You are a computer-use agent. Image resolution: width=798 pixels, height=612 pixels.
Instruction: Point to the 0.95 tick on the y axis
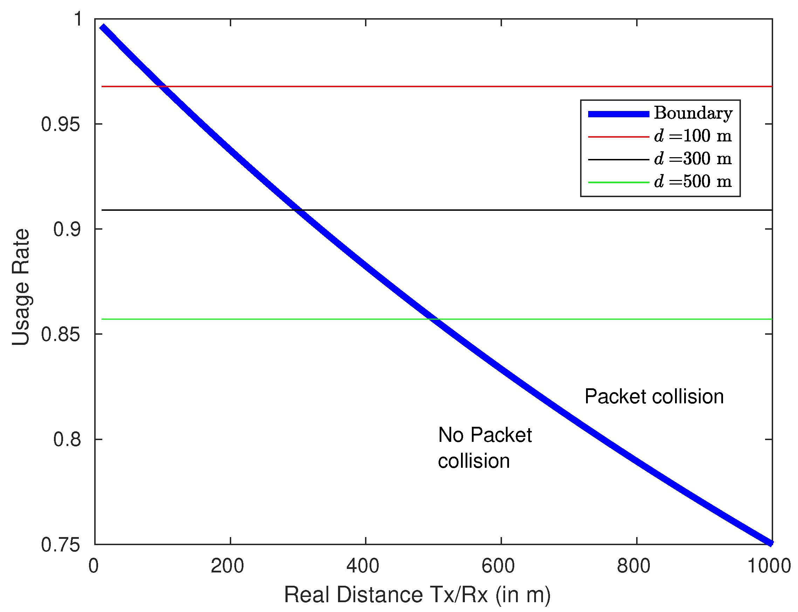60,125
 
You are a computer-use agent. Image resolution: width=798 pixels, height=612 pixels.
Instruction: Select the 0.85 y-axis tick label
60,334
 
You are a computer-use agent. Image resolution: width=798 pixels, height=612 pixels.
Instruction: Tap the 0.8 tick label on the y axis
66,439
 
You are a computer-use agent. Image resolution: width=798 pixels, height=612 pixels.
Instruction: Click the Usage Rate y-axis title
21,287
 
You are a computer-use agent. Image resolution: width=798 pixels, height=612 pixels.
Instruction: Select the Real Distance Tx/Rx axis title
417,595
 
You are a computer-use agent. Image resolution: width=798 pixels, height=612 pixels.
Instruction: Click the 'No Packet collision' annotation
484,448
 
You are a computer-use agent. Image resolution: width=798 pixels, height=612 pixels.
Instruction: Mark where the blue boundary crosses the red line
162,87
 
